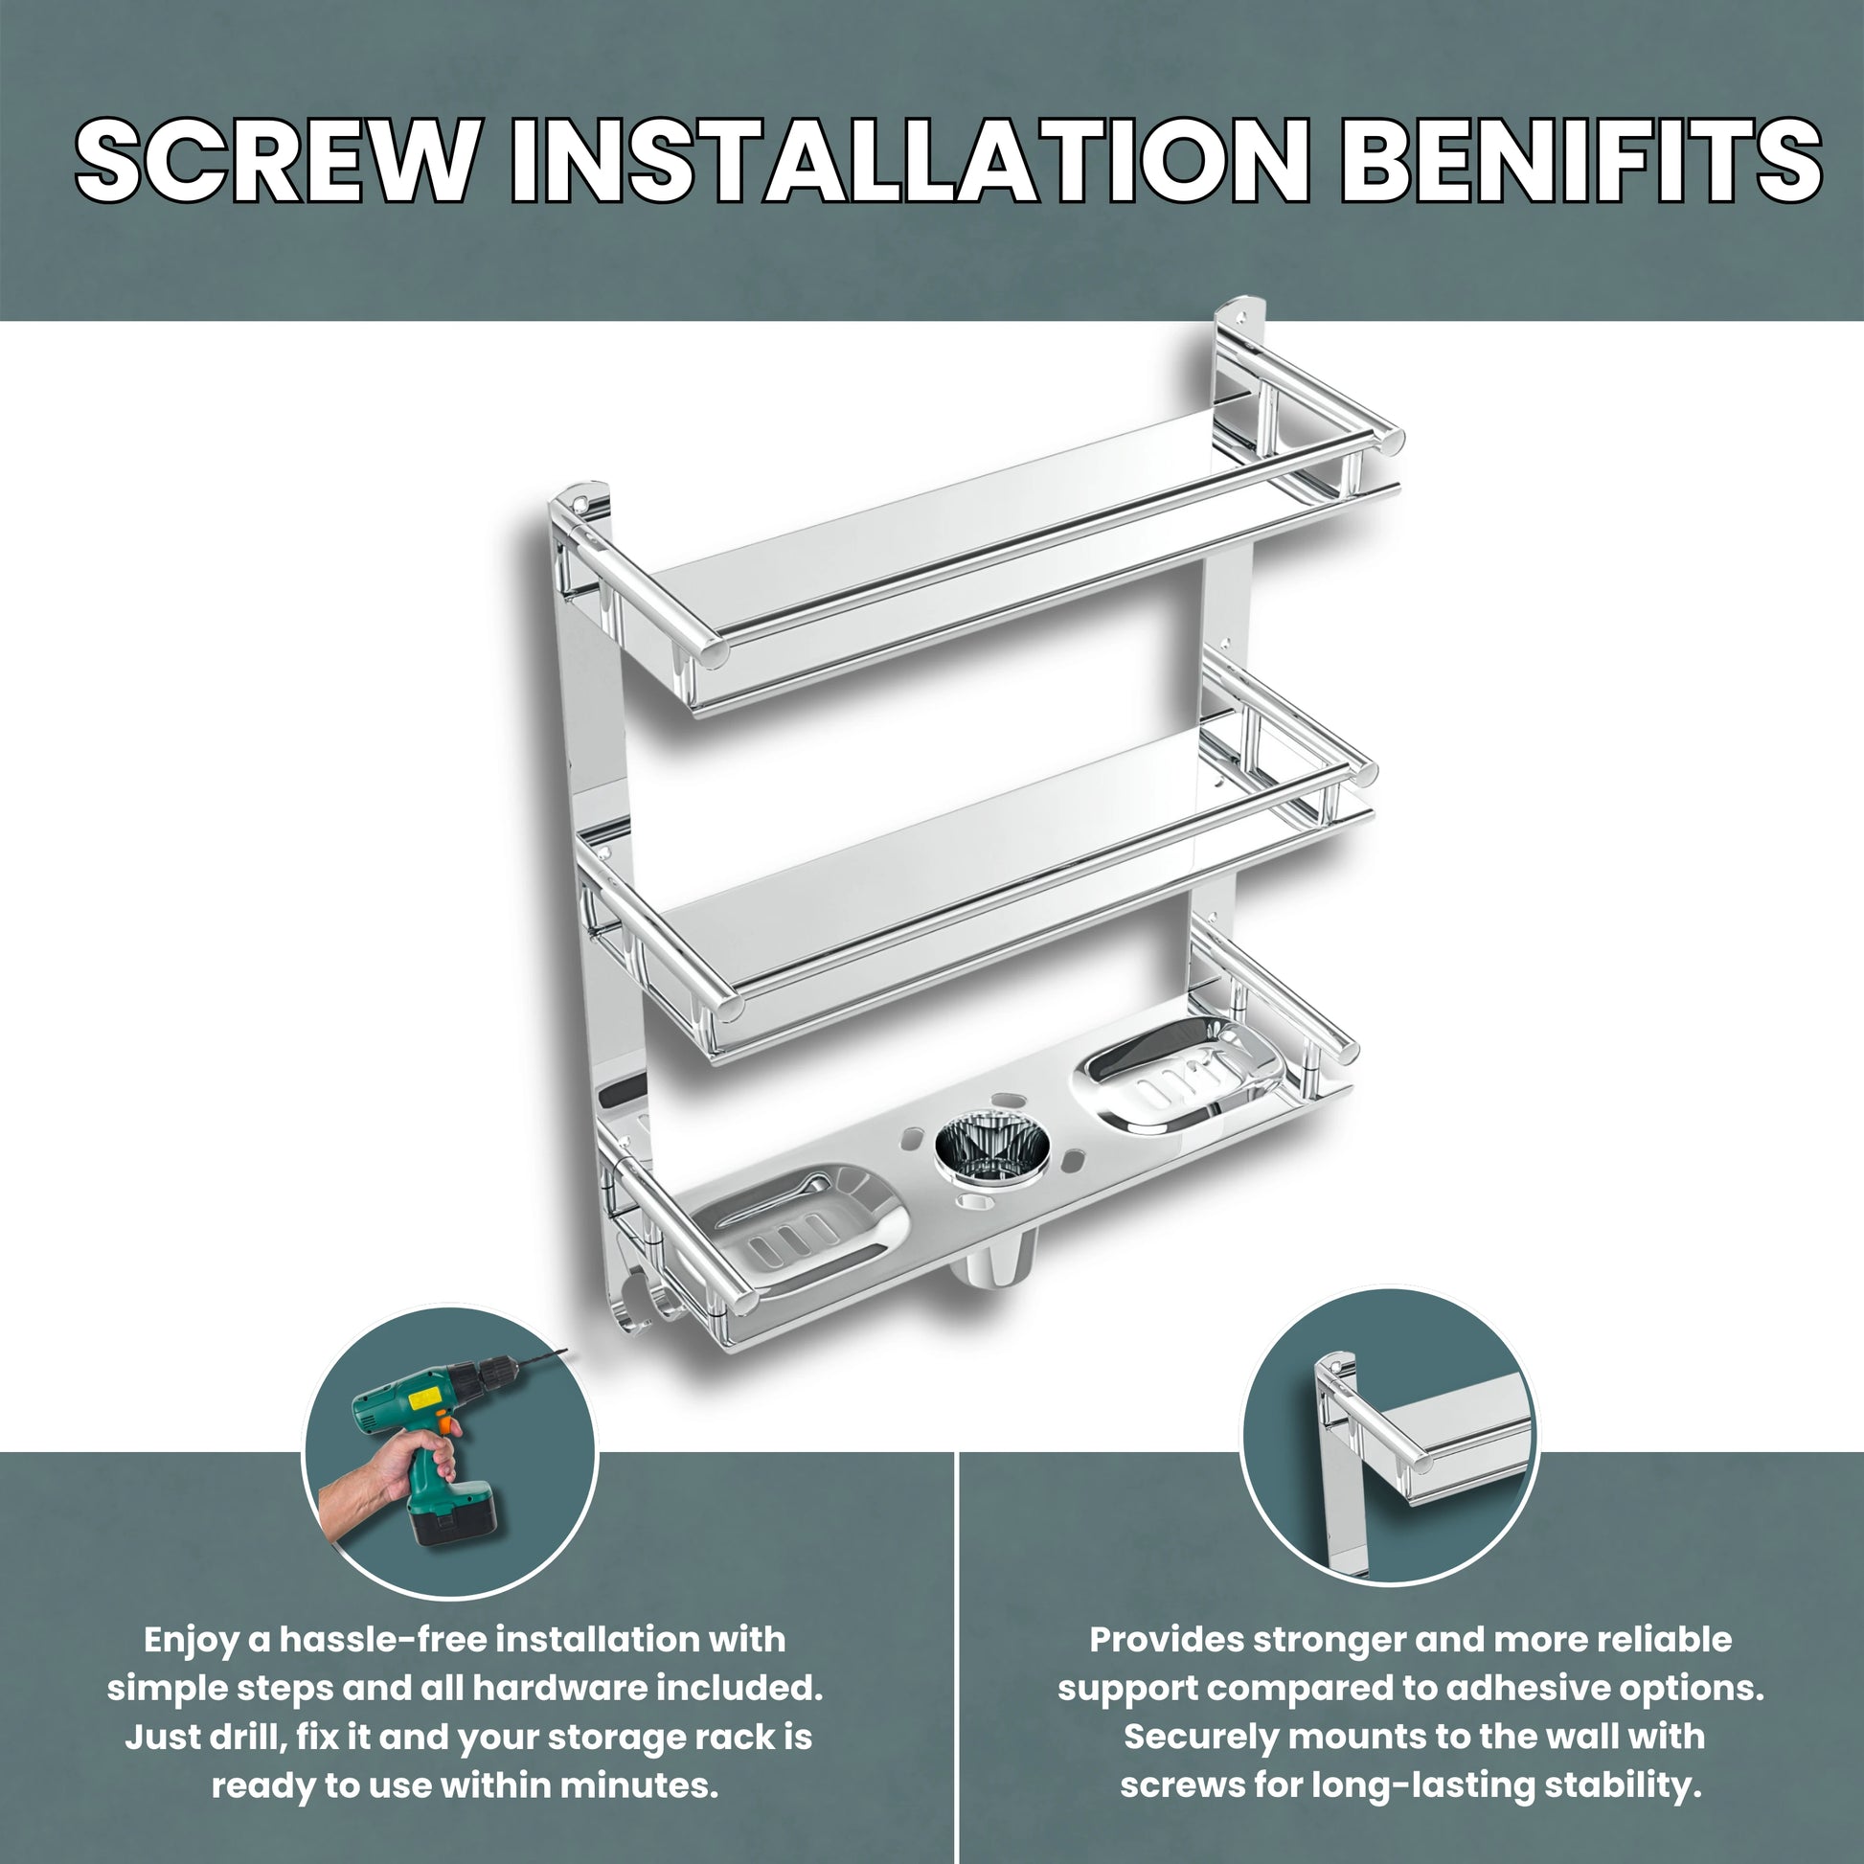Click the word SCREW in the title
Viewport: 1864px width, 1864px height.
tap(276, 160)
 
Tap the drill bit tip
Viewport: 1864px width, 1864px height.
tap(568, 1352)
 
